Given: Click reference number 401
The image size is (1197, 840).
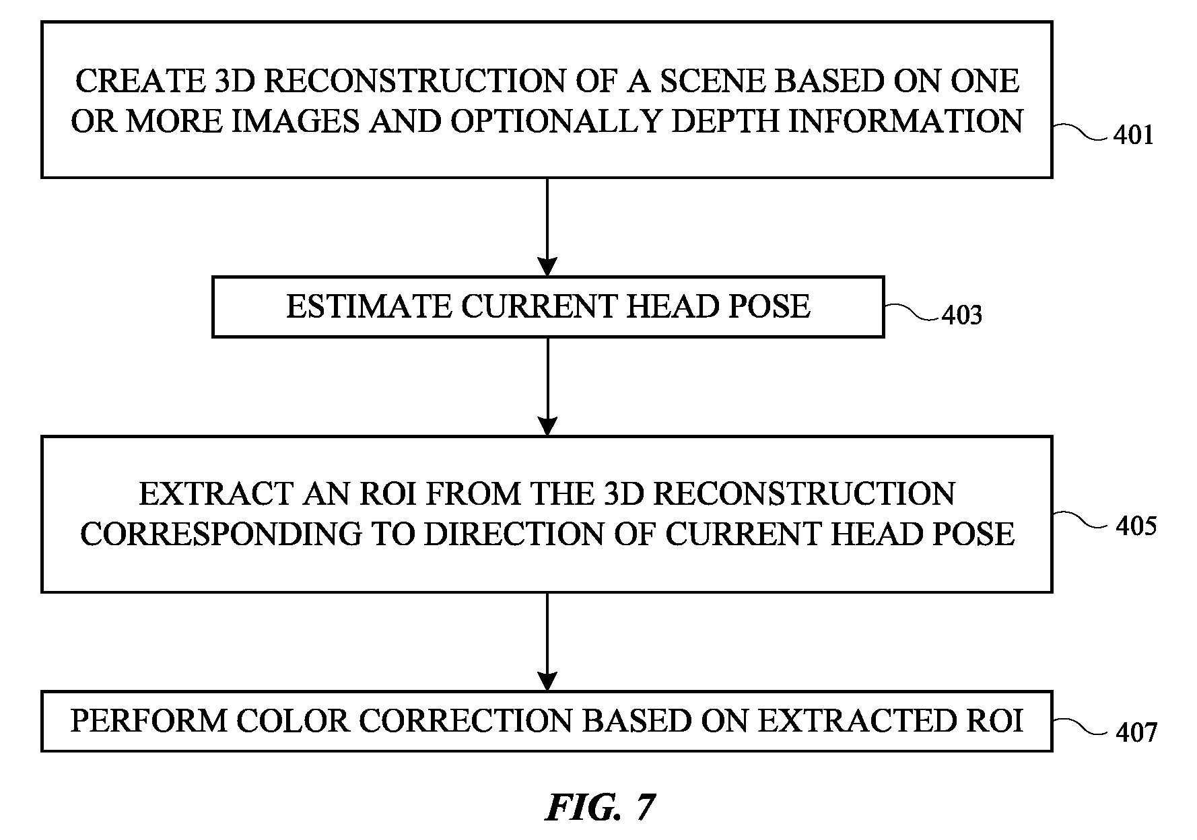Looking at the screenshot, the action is pos(1134,136).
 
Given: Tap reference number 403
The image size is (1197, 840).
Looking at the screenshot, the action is pos(961,315).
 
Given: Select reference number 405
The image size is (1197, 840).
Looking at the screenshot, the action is pos(1136,526).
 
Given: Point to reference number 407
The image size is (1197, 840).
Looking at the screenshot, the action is pos(1136,732).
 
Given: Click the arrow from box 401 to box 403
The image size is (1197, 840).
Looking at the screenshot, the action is pos(548,227).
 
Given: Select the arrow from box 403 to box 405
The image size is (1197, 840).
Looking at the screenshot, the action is pos(548,386).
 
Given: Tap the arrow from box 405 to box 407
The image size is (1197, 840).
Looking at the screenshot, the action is pos(548,641).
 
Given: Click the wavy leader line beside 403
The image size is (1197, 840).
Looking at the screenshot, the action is pos(912,311).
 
